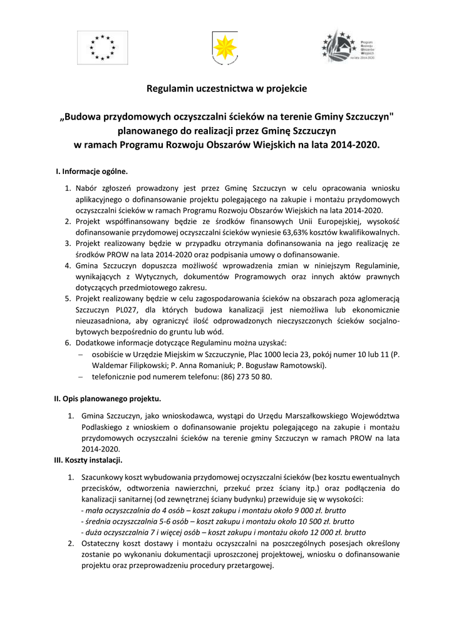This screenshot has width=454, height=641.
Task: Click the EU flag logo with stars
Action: coord(101,46)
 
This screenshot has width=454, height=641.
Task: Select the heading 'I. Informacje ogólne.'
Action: coord(92,171)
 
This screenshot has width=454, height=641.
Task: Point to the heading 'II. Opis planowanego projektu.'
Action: coord(108,398)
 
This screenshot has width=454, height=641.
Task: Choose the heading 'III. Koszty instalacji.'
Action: coord(88,460)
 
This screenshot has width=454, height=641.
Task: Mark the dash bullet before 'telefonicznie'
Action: coord(81,377)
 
